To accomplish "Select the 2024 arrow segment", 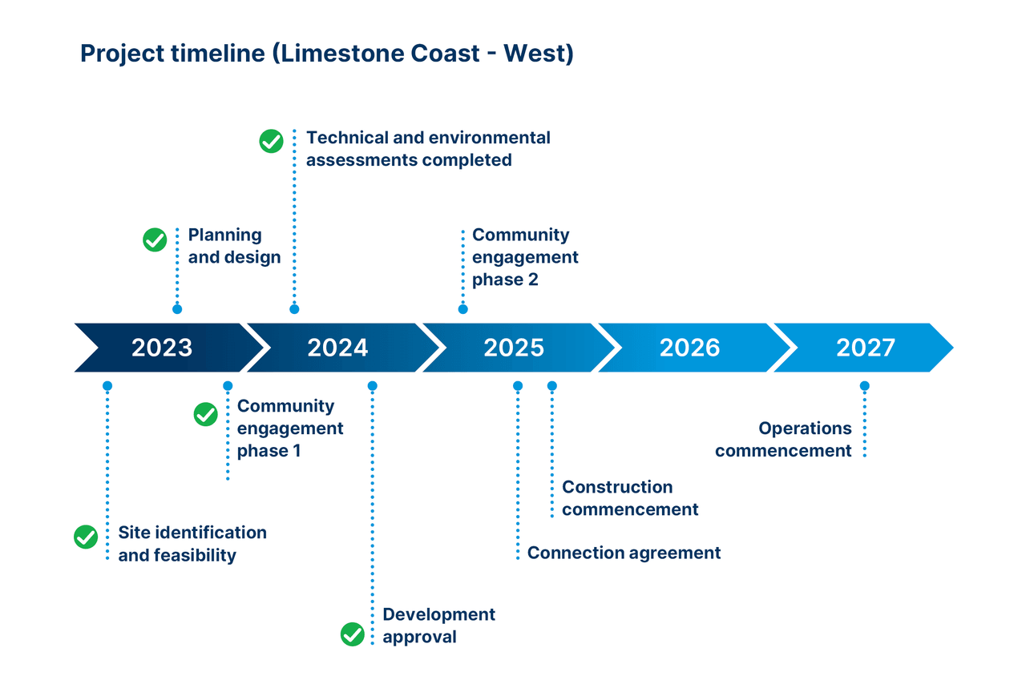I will tap(337, 348).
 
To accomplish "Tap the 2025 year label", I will tap(514, 348).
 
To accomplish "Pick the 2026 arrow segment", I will tap(689, 348).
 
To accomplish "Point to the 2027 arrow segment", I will tap(866, 348).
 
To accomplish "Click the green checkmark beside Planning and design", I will tap(155, 239).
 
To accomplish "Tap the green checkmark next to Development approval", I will tap(353, 634).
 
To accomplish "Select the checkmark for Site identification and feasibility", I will tap(86, 537).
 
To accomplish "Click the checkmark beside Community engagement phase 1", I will tap(206, 414).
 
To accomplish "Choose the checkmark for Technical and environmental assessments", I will tap(272, 142).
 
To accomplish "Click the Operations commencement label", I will tap(783, 440).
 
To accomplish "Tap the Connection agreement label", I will tap(624, 553).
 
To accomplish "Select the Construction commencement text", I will tap(630, 498).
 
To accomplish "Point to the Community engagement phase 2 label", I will tap(525, 257).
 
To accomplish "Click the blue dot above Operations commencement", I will tap(864, 386).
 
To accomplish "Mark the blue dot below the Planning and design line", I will tap(177, 309).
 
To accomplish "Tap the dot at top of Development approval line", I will tap(372, 386).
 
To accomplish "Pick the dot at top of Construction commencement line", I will tap(552, 386).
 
